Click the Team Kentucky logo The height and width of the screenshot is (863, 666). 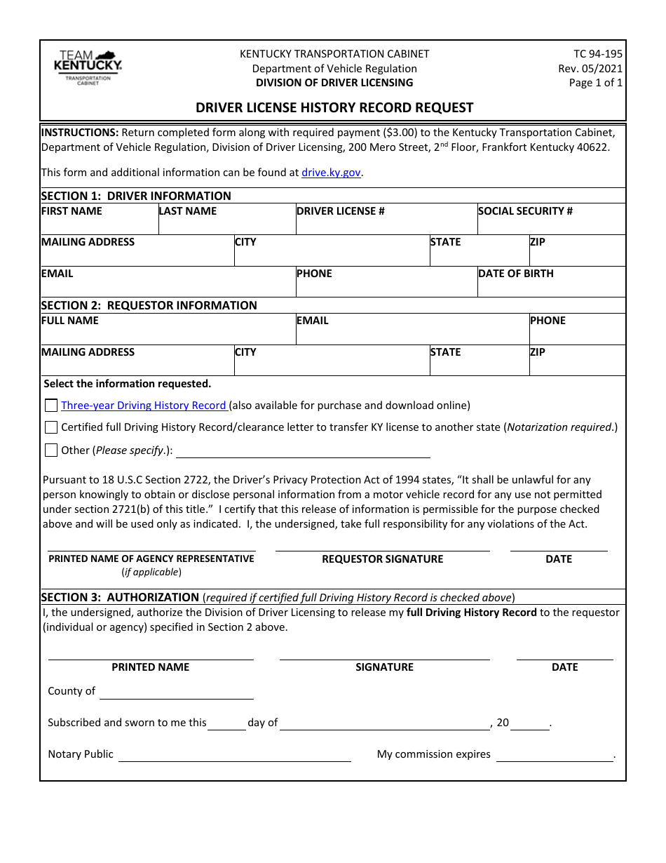click(x=88, y=67)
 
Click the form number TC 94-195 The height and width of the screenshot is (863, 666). click(x=597, y=54)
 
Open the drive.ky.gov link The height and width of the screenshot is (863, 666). click(x=332, y=173)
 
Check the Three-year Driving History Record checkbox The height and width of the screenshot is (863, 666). click(x=51, y=406)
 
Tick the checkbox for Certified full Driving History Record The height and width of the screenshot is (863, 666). click(x=51, y=427)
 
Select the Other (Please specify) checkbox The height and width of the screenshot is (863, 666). click(x=51, y=450)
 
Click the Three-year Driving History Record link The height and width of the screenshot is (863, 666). click(x=144, y=406)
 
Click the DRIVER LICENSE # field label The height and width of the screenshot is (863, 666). click(x=340, y=211)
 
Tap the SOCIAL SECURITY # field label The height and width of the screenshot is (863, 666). click(x=525, y=211)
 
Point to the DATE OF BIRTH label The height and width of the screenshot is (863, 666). click(x=515, y=274)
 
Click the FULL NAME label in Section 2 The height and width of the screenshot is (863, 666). click(x=70, y=321)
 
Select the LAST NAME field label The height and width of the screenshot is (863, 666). click(x=188, y=211)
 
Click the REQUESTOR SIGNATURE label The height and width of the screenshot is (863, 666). click(x=382, y=559)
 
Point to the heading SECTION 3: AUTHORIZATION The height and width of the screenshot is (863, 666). click(x=120, y=597)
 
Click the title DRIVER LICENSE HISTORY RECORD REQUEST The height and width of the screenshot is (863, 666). click(x=334, y=107)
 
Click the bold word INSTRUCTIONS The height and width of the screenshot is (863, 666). click(x=80, y=132)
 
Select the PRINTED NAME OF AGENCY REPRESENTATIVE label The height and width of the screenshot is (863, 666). click(x=151, y=558)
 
